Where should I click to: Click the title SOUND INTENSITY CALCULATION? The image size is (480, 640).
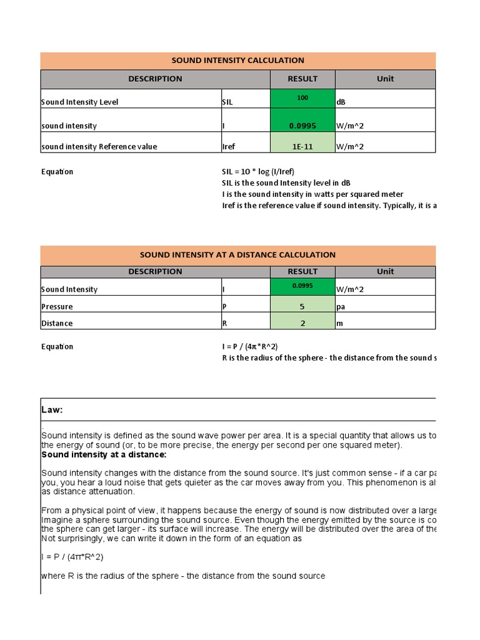pos(237,61)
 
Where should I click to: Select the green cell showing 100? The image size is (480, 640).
pos(302,99)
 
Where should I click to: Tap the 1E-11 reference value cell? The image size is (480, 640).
pos(302,147)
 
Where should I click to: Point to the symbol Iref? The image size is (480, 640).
pos(229,147)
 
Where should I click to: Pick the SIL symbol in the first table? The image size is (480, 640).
pos(227,102)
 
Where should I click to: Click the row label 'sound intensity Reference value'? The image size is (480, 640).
pos(99,147)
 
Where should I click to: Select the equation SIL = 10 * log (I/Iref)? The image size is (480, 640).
pos(257,172)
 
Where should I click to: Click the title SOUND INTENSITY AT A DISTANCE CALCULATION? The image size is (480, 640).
pos(237,255)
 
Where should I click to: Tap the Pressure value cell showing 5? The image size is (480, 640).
pos(302,307)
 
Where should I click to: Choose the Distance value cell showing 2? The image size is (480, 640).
pos(302,323)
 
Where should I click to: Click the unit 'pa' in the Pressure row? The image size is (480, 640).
pos(341,307)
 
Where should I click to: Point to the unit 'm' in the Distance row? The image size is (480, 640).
pos(339,323)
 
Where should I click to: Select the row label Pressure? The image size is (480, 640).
pos(57,307)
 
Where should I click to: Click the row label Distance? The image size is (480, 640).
pos(57,323)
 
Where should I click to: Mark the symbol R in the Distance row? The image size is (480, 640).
pos(224,323)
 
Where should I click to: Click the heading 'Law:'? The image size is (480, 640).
pos(52,410)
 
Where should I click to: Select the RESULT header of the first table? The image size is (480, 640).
pos(302,79)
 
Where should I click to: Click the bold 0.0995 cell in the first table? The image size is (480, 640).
pos(302,126)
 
